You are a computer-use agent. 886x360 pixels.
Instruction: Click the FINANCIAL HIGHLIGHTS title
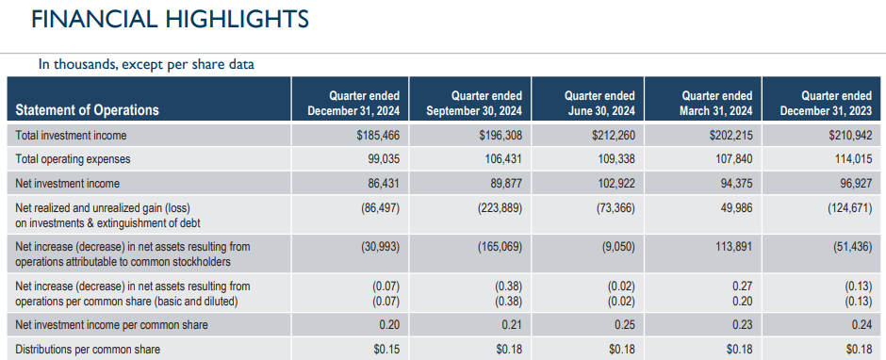tap(170, 20)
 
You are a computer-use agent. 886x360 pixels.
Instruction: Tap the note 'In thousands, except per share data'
tap(145, 65)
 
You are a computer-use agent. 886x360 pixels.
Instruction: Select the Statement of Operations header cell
tap(88, 109)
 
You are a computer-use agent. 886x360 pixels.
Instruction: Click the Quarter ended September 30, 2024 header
tap(473, 104)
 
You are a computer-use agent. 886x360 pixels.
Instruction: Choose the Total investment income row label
tap(71, 136)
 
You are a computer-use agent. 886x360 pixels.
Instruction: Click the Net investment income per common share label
tap(112, 325)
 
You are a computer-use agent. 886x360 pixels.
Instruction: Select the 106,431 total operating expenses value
tap(502, 159)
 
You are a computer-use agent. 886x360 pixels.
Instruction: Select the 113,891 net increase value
tap(730, 247)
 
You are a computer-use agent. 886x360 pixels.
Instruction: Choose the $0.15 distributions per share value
tap(386, 350)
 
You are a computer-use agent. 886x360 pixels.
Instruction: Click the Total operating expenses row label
tap(73, 159)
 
